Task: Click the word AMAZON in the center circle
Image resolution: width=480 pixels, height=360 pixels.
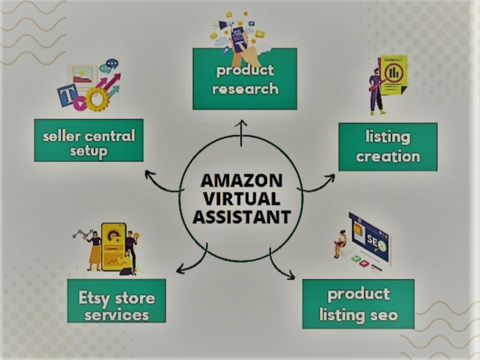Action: [x=241, y=180]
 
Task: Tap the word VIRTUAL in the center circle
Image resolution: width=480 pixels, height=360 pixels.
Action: [x=241, y=199]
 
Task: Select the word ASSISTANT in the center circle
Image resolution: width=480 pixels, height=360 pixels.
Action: [x=241, y=217]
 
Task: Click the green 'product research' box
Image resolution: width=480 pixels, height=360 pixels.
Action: [x=245, y=79]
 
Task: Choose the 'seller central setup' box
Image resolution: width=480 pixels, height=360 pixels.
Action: [x=89, y=140]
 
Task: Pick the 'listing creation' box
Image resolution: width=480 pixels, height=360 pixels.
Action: [x=388, y=147]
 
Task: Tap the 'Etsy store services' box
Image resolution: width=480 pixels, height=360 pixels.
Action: [x=117, y=300]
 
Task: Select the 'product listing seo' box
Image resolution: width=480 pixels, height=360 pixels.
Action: [x=358, y=304]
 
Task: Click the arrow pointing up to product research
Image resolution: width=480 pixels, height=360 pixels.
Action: [x=241, y=133]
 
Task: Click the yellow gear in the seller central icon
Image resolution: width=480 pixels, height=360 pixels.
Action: [x=97, y=99]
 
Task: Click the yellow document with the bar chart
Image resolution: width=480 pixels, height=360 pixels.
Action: [x=394, y=75]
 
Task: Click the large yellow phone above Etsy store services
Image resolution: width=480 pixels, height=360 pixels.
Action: [x=114, y=247]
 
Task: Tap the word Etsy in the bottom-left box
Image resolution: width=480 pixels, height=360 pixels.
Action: [x=94, y=298]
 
